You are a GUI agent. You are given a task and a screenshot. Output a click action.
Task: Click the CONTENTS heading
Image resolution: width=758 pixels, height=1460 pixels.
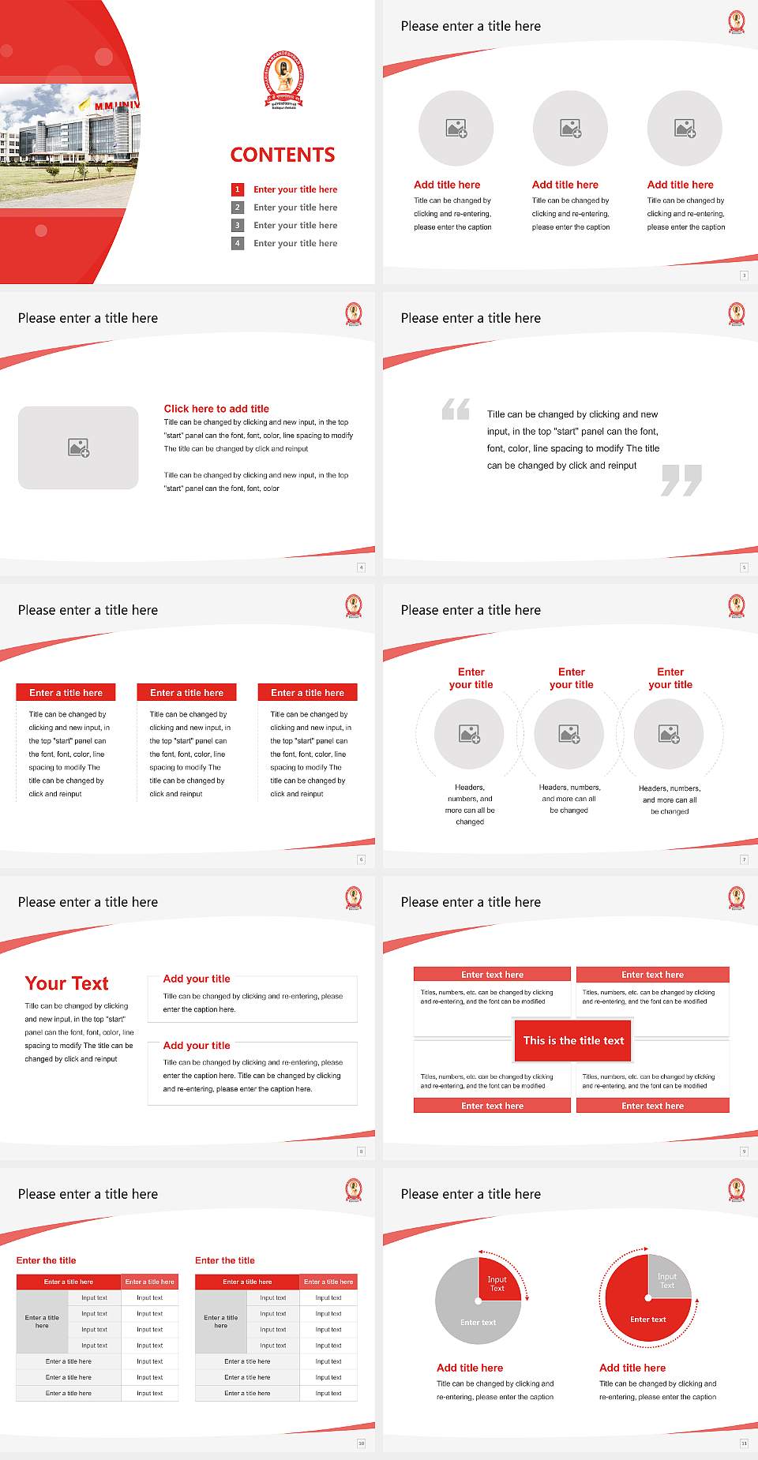click(x=283, y=155)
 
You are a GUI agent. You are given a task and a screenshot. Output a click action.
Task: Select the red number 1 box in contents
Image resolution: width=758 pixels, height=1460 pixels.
click(x=237, y=189)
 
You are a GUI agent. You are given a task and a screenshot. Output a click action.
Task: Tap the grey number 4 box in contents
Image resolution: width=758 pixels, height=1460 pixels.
click(x=237, y=243)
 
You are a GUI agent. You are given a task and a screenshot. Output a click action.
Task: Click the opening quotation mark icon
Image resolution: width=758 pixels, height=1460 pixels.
click(x=456, y=409)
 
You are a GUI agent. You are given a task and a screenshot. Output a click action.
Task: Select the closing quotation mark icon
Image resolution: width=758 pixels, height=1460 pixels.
click(x=681, y=480)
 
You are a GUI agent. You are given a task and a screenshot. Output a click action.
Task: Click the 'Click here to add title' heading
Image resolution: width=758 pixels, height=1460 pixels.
click(x=216, y=409)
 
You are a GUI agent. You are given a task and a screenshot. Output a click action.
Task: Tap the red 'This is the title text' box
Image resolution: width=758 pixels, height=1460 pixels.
click(x=573, y=1040)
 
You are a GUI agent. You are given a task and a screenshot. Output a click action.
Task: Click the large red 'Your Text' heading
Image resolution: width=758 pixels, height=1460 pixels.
click(x=67, y=983)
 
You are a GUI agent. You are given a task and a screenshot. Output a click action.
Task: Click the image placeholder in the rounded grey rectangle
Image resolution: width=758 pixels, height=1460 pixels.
click(x=78, y=448)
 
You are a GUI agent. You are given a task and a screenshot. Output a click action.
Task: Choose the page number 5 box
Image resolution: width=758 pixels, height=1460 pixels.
click(x=744, y=567)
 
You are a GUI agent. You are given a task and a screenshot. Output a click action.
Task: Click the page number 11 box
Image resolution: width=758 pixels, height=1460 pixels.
click(x=744, y=1443)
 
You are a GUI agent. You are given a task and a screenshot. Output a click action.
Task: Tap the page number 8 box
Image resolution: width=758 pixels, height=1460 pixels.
click(x=362, y=1151)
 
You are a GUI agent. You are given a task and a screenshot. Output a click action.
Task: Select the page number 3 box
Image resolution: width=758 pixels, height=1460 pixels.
click(x=744, y=275)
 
